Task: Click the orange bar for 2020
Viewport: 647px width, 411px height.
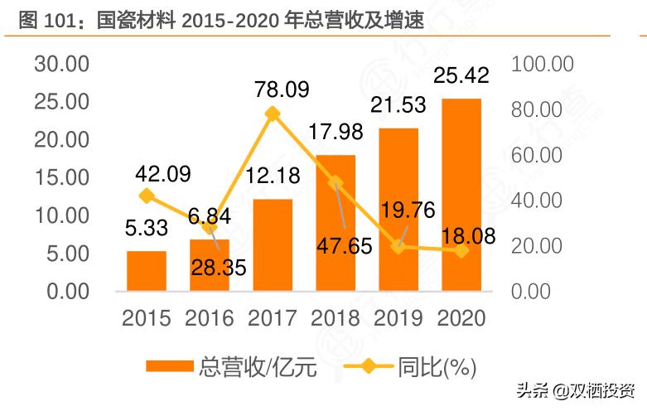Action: (461, 195)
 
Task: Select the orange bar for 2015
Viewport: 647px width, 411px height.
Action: (147, 271)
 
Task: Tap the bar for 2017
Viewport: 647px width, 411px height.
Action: (273, 245)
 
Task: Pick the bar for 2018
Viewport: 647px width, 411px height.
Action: (336, 223)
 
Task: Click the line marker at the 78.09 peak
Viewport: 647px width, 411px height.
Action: (273, 114)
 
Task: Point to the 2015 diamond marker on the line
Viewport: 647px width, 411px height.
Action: (147, 196)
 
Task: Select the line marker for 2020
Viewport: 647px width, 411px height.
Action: (461, 250)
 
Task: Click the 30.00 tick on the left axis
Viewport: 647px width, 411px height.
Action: (60, 65)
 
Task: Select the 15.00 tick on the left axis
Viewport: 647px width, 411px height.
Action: (60, 178)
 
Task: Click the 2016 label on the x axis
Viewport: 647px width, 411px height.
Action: (210, 317)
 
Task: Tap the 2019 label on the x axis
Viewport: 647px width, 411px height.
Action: (398, 317)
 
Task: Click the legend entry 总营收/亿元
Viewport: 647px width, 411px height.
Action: (232, 366)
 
